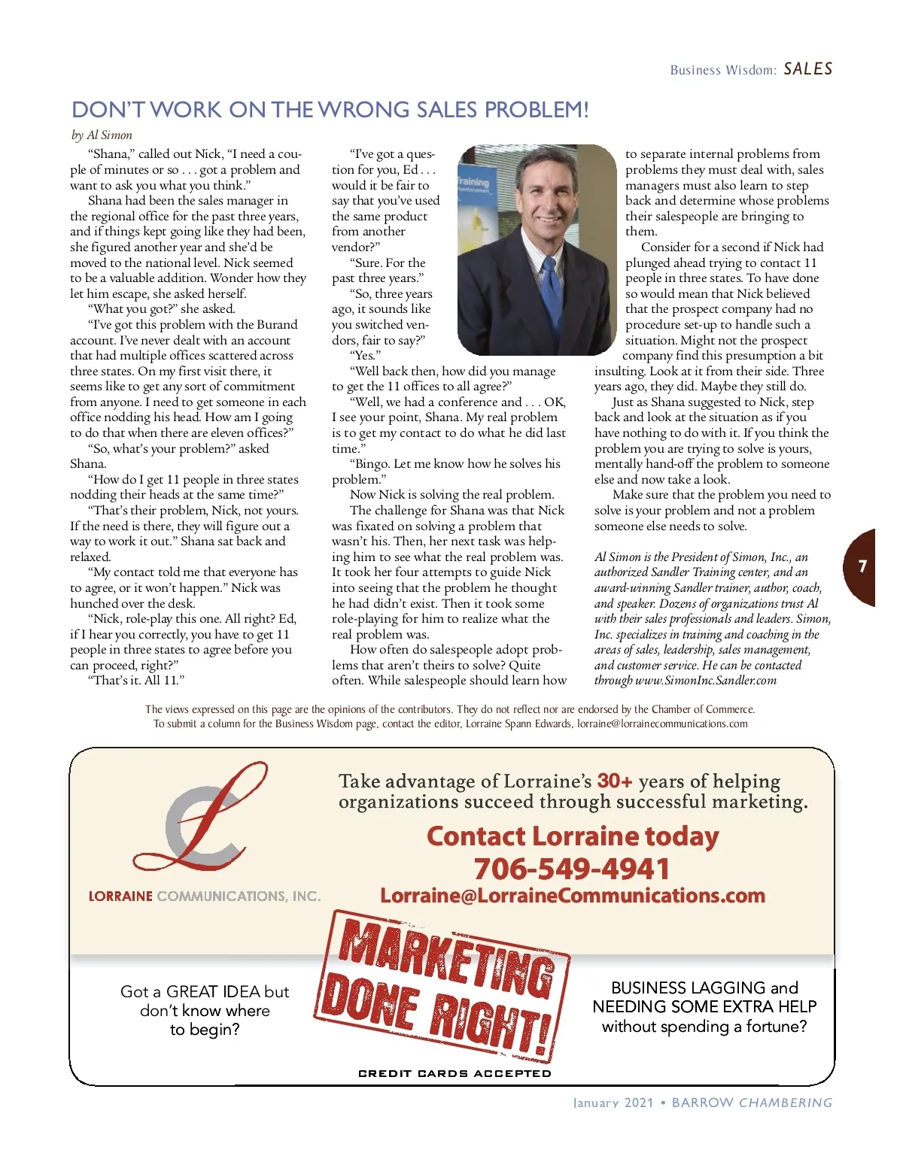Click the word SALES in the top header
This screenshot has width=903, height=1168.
click(807, 69)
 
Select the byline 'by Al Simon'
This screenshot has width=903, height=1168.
click(102, 135)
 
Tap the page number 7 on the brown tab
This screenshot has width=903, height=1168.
click(862, 566)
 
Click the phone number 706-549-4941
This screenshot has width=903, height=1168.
click(572, 869)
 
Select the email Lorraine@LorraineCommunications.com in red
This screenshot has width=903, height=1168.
click(572, 896)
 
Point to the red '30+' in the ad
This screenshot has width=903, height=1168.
click(615, 781)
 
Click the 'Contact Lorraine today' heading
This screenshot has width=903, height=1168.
click(572, 836)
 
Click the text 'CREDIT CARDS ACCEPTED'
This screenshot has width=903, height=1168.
click(455, 1073)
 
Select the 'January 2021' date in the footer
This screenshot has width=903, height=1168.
click(613, 1103)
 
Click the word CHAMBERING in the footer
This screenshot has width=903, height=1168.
click(786, 1103)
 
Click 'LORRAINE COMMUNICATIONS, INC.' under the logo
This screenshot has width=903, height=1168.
click(205, 896)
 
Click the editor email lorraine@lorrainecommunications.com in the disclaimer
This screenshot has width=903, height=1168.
click(662, 724)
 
